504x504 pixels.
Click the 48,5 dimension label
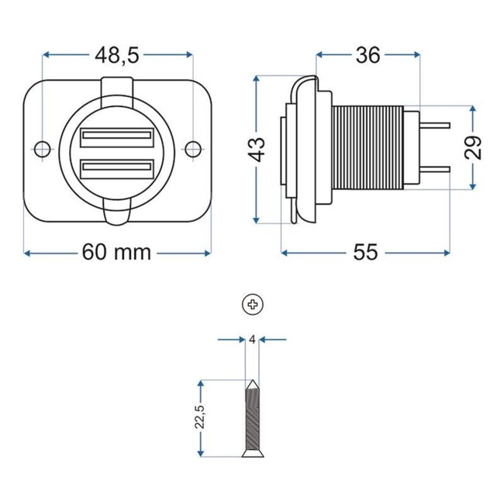pos(117,55)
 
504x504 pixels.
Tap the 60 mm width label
pos(117,254)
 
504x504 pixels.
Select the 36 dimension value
pos(368,55)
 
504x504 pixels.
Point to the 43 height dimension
pos(257,147)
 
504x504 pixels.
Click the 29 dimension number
pos(474,147)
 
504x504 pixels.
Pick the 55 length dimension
pos(365,254)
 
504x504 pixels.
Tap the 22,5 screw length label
pos(201,416)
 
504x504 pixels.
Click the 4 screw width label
pos(253,339)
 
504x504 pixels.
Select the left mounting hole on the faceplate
pos(43,147)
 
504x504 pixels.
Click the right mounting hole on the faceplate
pos(194,147)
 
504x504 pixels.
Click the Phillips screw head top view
pos(253,305)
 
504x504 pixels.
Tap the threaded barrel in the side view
pos(369,147)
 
